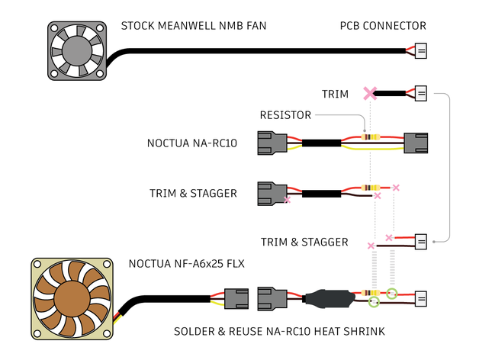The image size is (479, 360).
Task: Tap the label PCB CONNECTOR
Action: tap(383, 26)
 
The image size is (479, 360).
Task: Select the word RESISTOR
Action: tap(285, 115)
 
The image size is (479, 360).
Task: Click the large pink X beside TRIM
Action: tap(370, 94)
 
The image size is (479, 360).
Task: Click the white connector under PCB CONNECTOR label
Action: tap(420, 51)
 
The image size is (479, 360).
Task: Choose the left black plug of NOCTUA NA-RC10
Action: tap(272, 143)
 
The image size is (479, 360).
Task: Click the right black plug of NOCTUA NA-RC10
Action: tap(417, 143)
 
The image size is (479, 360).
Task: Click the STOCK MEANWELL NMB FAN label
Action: tap(194, 26)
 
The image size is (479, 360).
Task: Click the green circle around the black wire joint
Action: tap(374, 303)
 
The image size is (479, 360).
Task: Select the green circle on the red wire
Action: tap(392, 293)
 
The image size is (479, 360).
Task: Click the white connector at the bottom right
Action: tap(420, 297)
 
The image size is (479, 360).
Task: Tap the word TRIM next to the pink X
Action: tap(335, 95)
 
